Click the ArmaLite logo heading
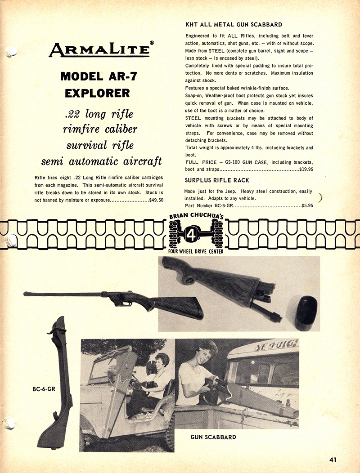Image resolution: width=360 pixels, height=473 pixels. click(x=99, y=49)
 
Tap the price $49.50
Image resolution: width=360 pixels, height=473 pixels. click(x=156, y=200)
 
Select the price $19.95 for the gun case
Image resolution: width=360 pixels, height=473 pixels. click(x=306, y=170)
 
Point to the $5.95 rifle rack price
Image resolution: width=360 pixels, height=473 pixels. click(x=307, y=205)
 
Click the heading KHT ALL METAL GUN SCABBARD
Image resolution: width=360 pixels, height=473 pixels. click(x=234, y=24)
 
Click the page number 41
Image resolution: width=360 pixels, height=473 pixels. click(x=333, y=460)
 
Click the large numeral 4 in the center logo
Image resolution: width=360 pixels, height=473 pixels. click(x=197, y=234)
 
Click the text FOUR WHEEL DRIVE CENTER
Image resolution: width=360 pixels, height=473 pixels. click(x=196, y=251)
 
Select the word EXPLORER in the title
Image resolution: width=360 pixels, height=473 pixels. click(x=97, y=94)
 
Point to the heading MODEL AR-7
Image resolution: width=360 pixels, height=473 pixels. click(x=97, y=76)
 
